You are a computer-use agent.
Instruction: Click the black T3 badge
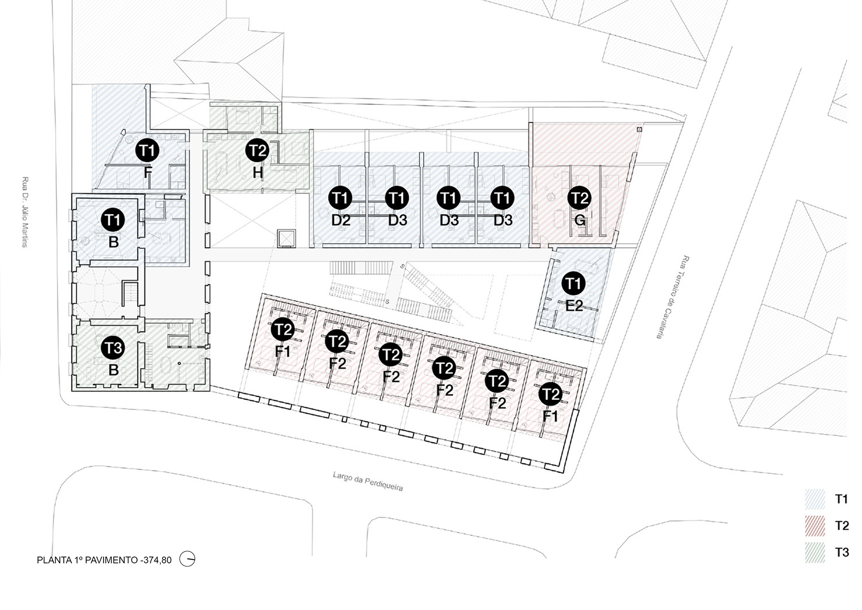pyautogui.click(x=113, y=348)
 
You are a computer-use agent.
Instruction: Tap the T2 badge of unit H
pyautogui.click(x=257, y=151)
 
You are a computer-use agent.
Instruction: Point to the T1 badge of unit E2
pyautogui.click(x=573, y=283)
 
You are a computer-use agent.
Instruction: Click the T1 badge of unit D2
pyautogui.click(x=340, y=198)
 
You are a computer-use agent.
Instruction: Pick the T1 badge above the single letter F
pyautogui.click(x=147, y=151)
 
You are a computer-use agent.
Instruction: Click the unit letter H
pyautogui.click(x=258, y=173)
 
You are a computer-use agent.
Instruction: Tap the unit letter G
pyautogui.click(x=580, y=220)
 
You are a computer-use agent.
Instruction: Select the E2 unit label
pyautogui.click(x=574, y=306)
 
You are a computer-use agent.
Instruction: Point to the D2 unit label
pyautogui.click(x=341, y=220)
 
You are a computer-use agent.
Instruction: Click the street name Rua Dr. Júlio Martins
pyautogui.click(x=25, y=212)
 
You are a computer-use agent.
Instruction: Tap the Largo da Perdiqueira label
pyautogui.click(x=368, y=481)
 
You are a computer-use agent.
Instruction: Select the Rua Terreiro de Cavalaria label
pyautogui.click(x=671, y=297)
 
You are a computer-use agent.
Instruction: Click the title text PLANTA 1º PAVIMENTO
pyautogui.click(x=87, y=560)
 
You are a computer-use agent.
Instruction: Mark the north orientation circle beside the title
pyautogui.click(x=187, y=559)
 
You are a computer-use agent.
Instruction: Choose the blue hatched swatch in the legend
pyautogui.click(x=815, y=499)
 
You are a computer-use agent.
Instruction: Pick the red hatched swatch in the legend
pyautogui.click(x=815, y=526)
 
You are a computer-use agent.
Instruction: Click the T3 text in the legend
pyautogui.click(x=842, y=553)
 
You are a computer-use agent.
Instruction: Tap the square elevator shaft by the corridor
pyautogui.click(x=286, y=239)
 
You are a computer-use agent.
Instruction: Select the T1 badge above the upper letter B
pyautogui.click(x=113, y=220)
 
